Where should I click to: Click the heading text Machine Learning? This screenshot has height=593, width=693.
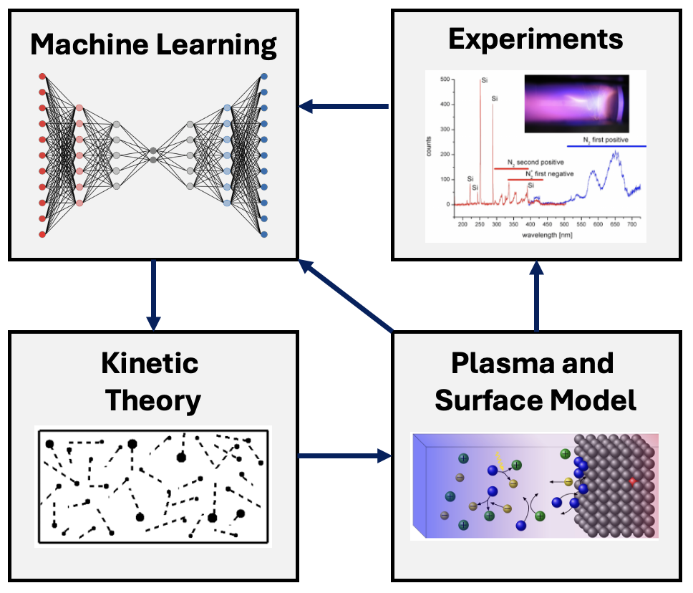(x=153, y=45)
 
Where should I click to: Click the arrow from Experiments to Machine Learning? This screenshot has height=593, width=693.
(x=344, y=107)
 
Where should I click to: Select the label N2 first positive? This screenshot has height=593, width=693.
(x=606, y=140)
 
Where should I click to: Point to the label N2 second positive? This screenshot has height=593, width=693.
(x=535, y=163)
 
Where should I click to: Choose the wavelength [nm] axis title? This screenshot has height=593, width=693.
(x=546, y=236)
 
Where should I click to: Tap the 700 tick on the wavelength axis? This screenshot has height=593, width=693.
(x=629, y=225)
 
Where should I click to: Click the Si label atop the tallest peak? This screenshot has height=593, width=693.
(x=485, y=81)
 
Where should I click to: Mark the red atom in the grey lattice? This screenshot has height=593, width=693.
(x=632, y=481)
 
